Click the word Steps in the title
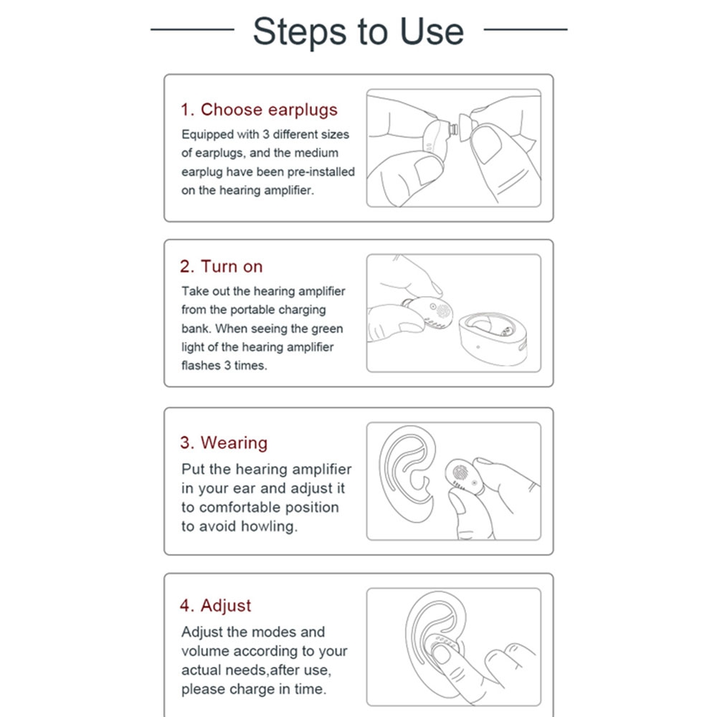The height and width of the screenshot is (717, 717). click(x=300, y=32)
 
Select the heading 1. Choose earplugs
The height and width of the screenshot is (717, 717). click(x=259, y=110)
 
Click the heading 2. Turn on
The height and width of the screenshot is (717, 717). click(x=222, y=266)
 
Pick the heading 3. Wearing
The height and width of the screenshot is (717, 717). click(x=224, y=443)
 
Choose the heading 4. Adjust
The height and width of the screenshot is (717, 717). click(x=215, y=606)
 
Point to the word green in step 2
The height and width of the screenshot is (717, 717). click(x=325, y=329)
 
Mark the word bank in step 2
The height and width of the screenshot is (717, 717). click(x=196, y=329)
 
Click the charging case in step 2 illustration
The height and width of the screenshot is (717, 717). click(x=493, y=338)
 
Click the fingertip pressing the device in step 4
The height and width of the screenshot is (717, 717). click(x=441, y=653)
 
